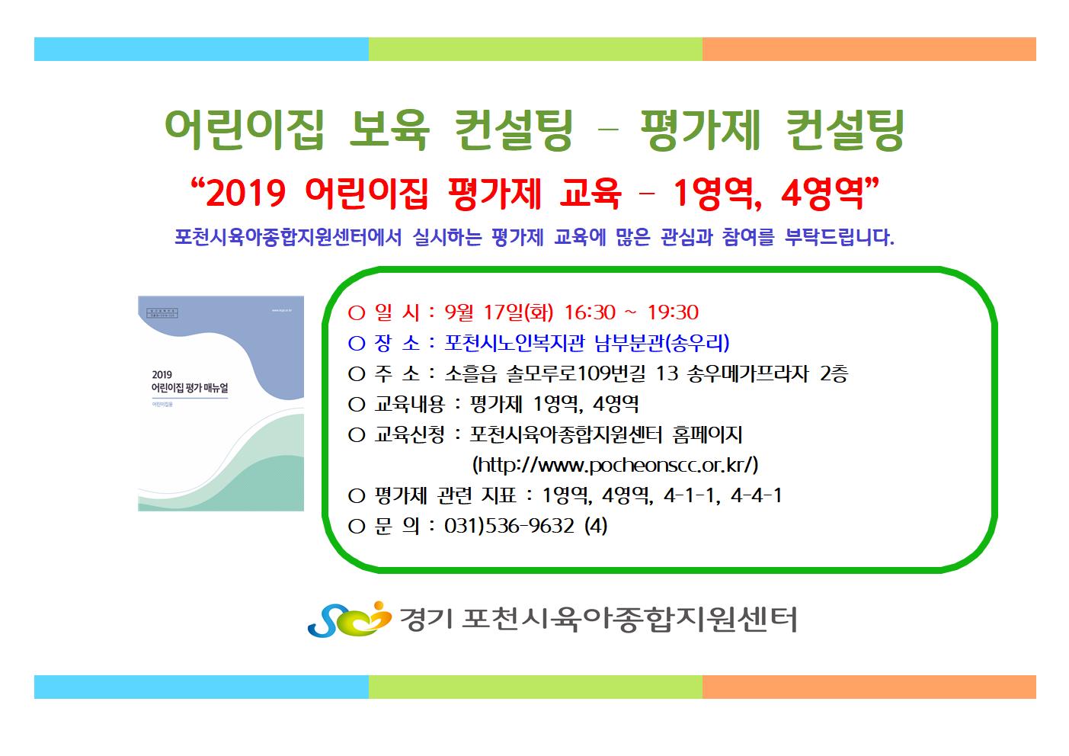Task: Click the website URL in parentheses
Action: click(615, 464)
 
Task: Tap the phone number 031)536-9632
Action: click(509, 526)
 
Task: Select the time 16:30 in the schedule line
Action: click(590, 312)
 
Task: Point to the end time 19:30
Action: click(673, 312)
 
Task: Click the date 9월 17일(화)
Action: click(499, 312)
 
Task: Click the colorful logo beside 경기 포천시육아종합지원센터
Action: click(349, 619)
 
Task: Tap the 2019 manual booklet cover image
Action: click(221, 403)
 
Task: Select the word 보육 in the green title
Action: click(389, 130)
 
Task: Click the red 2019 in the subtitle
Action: click(246, 194)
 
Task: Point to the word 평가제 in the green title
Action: click(699, 130)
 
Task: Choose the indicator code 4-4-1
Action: click(757, 495)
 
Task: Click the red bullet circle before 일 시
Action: click(357, 313)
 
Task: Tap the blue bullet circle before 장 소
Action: click(357, 344)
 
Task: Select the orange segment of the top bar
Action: click(869, 50)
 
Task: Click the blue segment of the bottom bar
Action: click(201, 687)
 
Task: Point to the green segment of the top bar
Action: click(535, 50)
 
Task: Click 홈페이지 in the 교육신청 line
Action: click(707, 434)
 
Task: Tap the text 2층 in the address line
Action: click(834, 373)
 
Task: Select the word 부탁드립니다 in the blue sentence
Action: click(840, 237)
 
